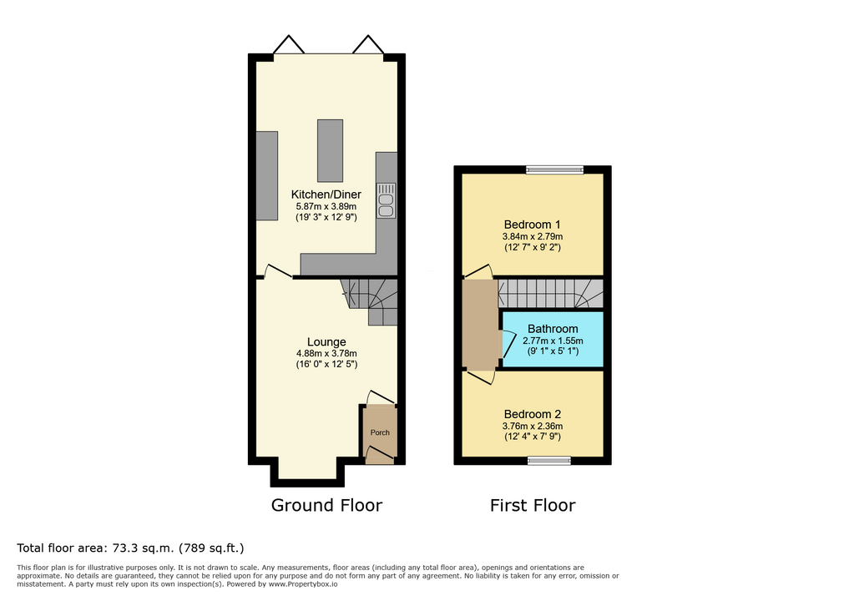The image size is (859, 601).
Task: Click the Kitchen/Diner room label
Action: coord(326,194)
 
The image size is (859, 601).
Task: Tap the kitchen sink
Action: coord(386,200)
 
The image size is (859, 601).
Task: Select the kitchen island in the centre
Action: coord(331,150)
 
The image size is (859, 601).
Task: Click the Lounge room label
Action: coord(326,342)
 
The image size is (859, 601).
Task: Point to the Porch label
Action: coord(380,432)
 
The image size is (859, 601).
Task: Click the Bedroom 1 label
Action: coord(532,225)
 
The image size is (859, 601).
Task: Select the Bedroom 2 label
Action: coord(532,414)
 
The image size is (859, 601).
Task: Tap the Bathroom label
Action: coord(553,329)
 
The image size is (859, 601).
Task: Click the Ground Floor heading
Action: coord(326,505)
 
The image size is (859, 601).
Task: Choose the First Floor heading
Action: coord(533,505)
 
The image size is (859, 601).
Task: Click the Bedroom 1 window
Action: coord(554,169)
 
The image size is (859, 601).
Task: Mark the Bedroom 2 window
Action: coord(549,461)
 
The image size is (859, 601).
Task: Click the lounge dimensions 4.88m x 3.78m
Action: coord(326,353)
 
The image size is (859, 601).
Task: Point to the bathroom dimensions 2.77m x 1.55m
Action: coord(553,341)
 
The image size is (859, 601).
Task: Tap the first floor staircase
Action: coord(551,294)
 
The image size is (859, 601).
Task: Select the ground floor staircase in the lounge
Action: coord(370,300)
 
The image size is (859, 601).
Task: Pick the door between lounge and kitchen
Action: coord(278,273)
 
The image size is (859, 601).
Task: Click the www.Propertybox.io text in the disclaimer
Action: coord(303,584)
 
